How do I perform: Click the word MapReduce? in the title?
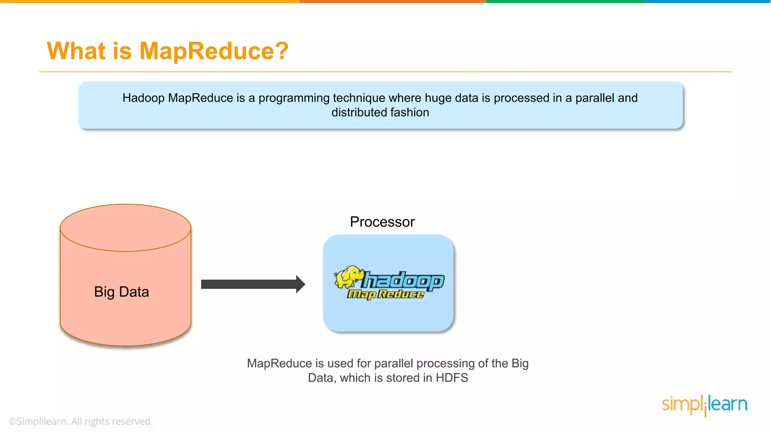[x=214, y=51]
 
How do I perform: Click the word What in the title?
[x=76, y=51]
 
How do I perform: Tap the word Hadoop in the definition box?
[x=143, y=98]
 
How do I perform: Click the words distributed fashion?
[x=380, y=112]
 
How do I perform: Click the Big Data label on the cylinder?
[x=121, y=292]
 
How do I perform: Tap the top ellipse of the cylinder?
[x=125, y=228]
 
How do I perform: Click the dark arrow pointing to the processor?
[x=248, y=284]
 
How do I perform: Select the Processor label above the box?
[x=382, y=222]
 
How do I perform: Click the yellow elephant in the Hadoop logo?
[x=348, y=277]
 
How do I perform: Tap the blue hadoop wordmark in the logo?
[x=403, y=281]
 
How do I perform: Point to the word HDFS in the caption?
[x=451, y=378]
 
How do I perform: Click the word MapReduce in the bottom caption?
[x=279, y=364]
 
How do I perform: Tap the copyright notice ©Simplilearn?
[x=81, y=421]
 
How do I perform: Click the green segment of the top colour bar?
[x=565, y=2]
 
